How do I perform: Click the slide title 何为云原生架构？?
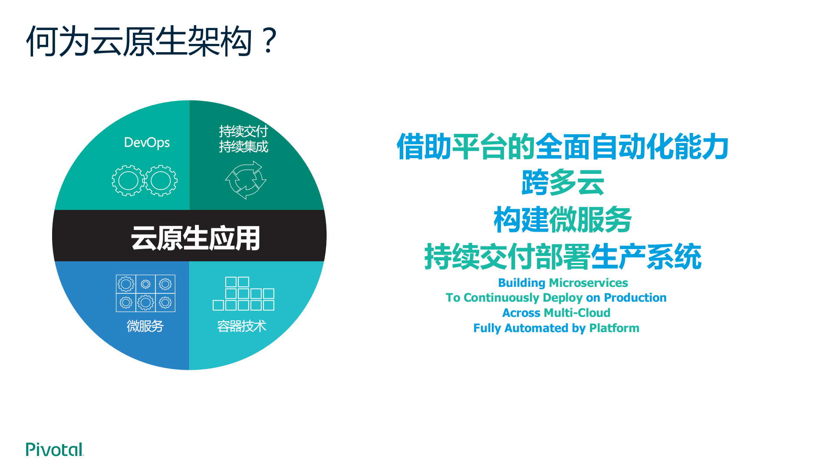151,41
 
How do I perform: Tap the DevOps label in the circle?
147,143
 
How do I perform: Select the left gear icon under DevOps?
128,181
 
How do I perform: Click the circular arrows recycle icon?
246,180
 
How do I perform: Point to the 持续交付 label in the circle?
243,131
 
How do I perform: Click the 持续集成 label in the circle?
243,147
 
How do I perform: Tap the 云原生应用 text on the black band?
195,238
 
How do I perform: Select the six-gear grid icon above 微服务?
145,293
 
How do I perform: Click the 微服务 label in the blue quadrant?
145,326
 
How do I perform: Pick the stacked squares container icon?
243,294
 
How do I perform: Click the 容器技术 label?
241,326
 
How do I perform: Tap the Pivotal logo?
54,449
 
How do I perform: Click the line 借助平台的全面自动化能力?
563,147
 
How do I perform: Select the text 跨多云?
563,183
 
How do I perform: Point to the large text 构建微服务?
563,220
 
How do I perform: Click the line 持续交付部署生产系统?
563,257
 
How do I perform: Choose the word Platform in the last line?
614,328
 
